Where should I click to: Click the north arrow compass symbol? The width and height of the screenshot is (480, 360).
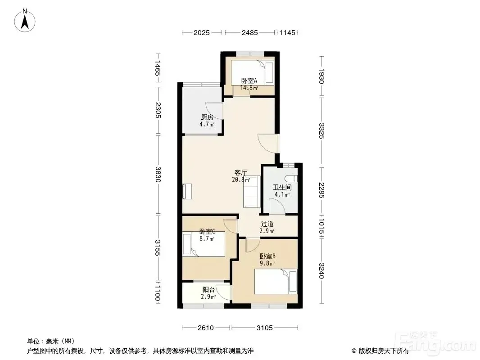pos(25,21)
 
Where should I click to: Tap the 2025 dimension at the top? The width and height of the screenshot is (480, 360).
pos(201,32)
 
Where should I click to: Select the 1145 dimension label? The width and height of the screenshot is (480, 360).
pos(287,32)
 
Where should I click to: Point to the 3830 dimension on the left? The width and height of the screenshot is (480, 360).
pos(158,174)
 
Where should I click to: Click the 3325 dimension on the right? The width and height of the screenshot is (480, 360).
pos(321,130)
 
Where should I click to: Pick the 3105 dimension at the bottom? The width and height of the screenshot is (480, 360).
pos(264,328)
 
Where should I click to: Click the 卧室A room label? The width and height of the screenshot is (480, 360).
pos(249,81)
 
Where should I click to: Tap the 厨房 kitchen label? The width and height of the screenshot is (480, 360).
pos(207,117)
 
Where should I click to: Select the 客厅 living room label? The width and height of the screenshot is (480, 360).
pos(240,172)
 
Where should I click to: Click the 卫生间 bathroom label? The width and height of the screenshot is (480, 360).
pos(282,188)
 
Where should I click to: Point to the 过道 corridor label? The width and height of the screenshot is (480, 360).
pos(267,224)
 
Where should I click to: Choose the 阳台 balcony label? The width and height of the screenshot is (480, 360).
pos(208,289)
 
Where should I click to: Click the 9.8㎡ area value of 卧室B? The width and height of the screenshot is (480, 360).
pos(267,263)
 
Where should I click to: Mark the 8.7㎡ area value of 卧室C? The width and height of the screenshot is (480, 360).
pos(207,238)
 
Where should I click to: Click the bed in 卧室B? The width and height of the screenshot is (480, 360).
pos(276,281)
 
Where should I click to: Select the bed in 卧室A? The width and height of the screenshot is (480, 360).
pos(252,72)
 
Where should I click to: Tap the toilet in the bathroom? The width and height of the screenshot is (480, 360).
pos(290,179)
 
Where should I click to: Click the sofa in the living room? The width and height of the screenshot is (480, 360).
pos(252,191)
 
